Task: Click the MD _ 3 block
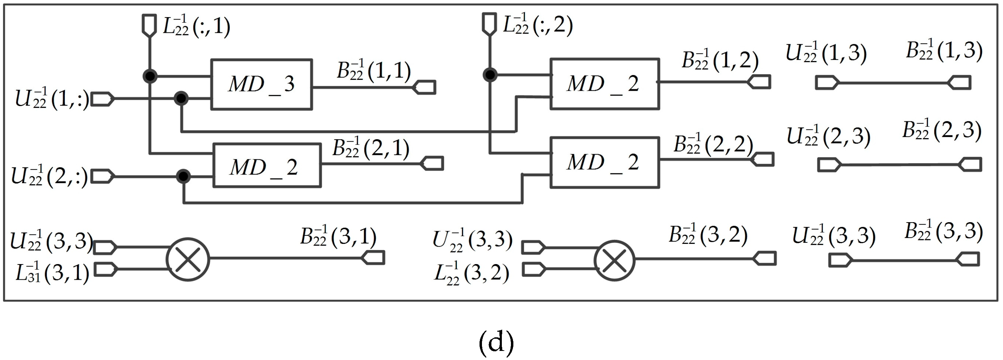(261, 84)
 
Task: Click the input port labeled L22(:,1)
(149, 25)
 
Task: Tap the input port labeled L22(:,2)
(489, 24)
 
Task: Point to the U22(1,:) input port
(102, 99)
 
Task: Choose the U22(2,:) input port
(102, 176)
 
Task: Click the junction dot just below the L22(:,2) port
(490, 74)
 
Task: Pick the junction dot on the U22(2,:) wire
(183, 176)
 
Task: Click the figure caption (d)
(496, 343)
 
